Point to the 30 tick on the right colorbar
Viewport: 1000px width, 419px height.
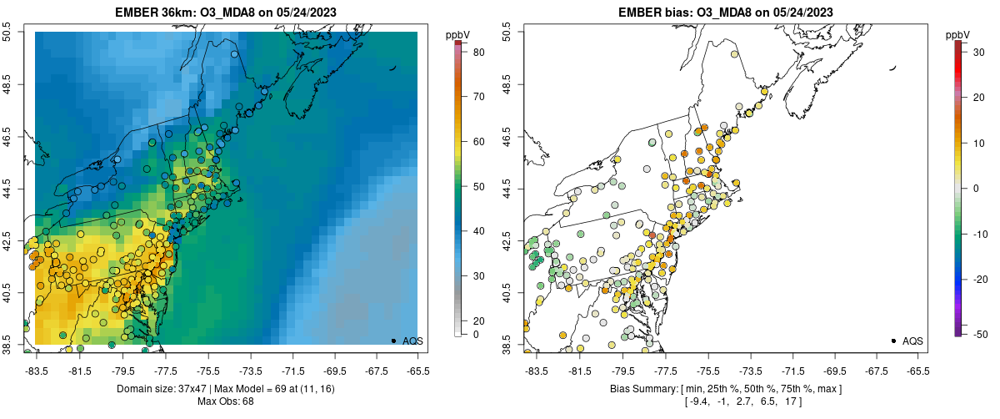pyautogui.click(x=981, y=52)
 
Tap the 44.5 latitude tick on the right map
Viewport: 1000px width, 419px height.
pyautogui.click(x=508, y=189)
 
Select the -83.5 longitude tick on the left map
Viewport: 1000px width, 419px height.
pyautogui.click(x=36, y=371)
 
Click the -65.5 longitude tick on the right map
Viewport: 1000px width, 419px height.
pyautogui.click(x=917, y=371)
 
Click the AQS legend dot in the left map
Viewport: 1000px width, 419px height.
pyautogui.click(x=393, y=341)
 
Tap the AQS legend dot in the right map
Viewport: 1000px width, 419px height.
pyautogui.click(x=893, y=341)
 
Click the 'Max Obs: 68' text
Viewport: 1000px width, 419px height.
pyautogui.click(x=227, y=401)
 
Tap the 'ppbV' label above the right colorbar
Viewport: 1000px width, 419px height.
pyautogui.click(x=958, y=34)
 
